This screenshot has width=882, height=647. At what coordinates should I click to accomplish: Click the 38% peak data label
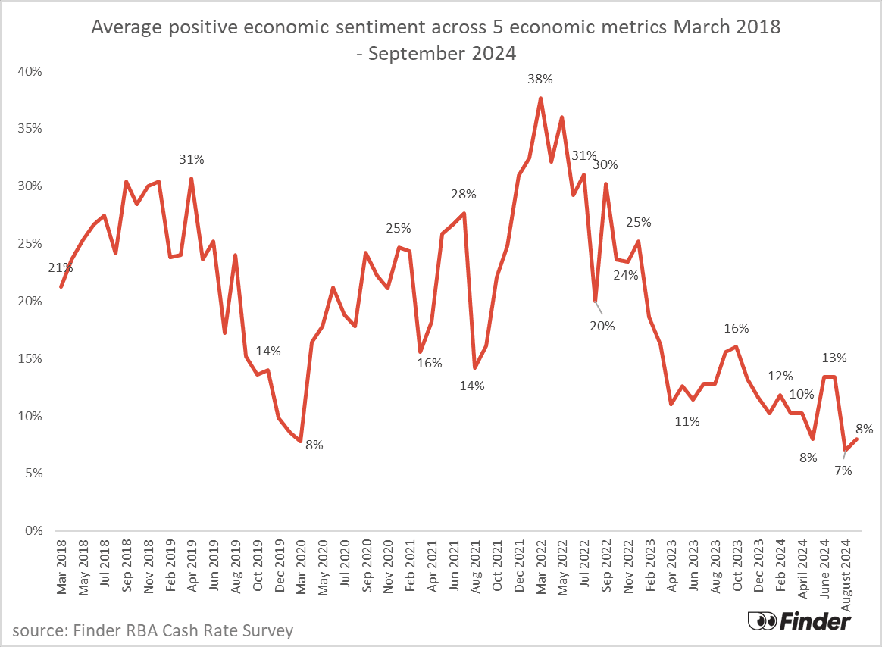pyautogui.click(x=541, y=79)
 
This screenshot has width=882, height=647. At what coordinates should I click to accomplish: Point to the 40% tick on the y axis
pyautogui.click(x=31, y=71)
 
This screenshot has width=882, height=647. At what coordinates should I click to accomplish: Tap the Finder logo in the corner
pyautogui.click(x=799, y=620)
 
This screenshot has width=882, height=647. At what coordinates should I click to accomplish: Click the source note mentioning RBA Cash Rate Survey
pyautogui.click(x=152, y=630)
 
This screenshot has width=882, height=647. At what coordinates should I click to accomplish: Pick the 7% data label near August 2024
pyautogui.click(x=843, y=470)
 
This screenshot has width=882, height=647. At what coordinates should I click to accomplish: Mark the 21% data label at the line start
pyautogui.click(x=61, y=267)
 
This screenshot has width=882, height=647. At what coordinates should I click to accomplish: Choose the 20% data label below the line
pyautogui.click(x=604, y=327)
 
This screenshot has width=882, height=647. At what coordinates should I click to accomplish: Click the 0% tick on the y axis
pyautogui.click(x=34, y=531)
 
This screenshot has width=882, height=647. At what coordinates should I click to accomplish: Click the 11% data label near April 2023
pyautogui.click(x=687, y=421)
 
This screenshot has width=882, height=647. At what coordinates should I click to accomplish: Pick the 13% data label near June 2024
pyautogui.click(x=834, y=358)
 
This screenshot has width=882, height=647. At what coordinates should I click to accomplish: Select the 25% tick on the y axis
pyautogui.click(x=31, y=244)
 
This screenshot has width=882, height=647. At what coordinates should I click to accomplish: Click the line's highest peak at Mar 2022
pyautogui.click(x=540, y=98)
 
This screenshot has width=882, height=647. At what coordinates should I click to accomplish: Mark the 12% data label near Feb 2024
pyautogui.click(x=780, y=376)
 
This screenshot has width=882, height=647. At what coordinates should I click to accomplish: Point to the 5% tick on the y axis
pyautogui.click(x=34, y=474)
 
